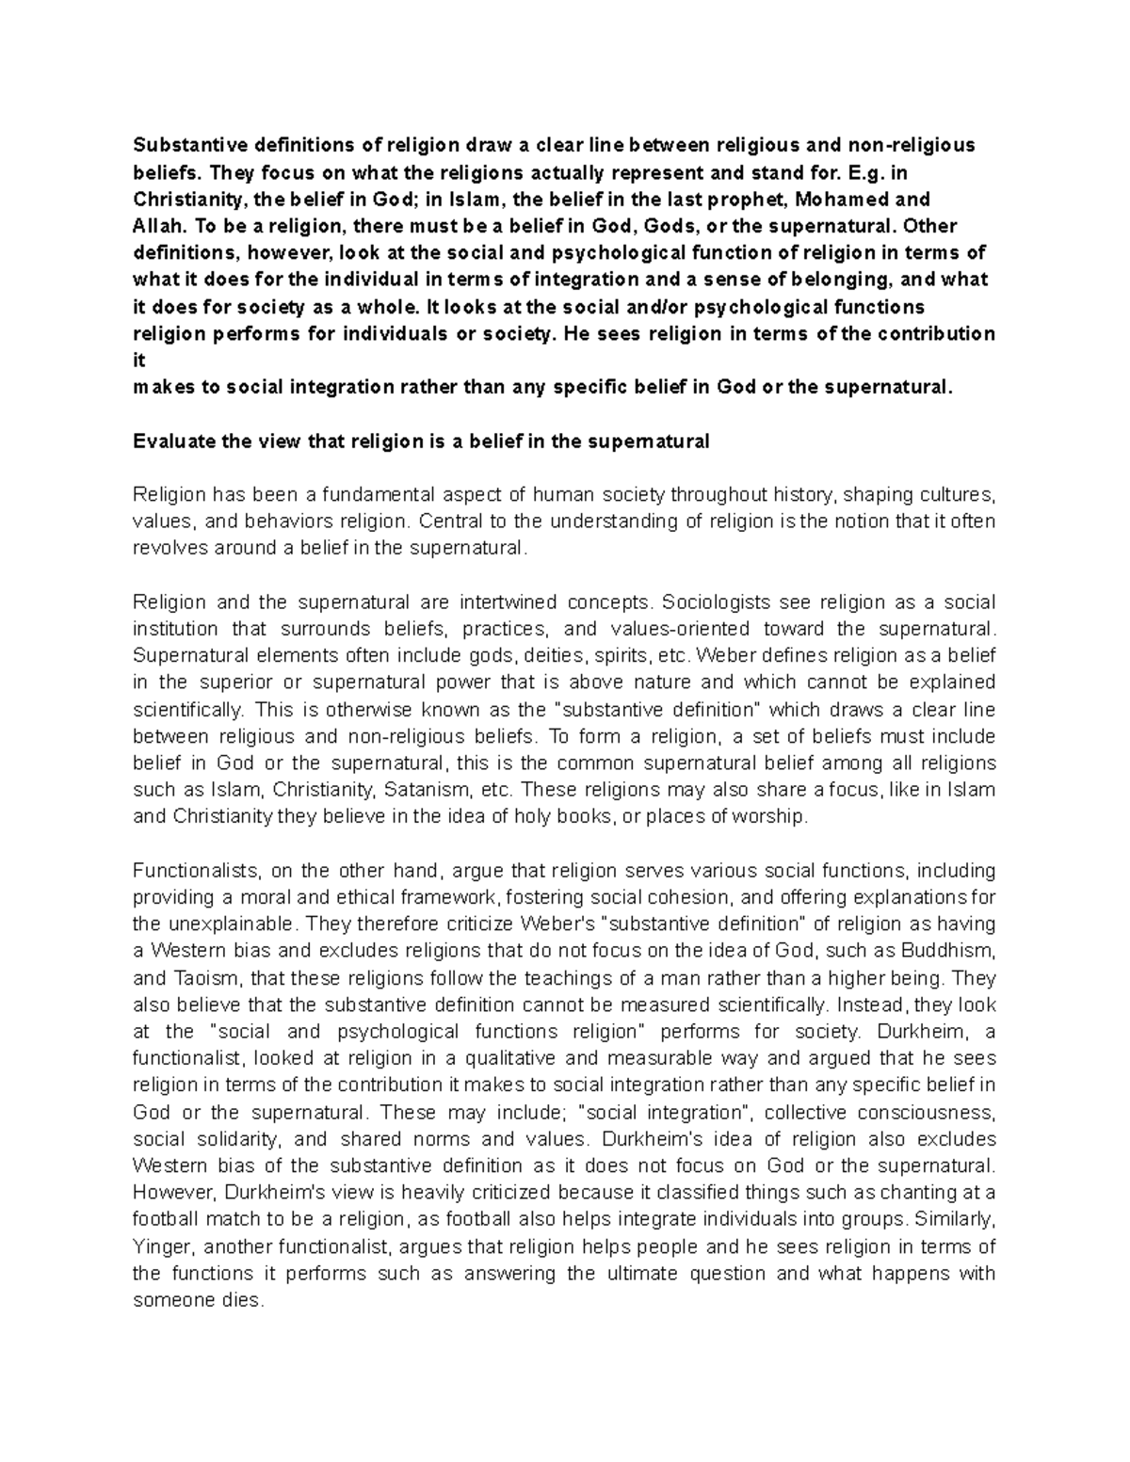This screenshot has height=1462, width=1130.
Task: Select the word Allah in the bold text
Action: tap(154, 226)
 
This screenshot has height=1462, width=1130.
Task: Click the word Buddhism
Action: tap(946, 951)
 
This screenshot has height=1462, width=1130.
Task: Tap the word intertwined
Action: tap(508, 602)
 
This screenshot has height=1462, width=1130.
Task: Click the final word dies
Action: tap(241, 1301)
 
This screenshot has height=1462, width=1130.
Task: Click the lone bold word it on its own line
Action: tap(138, 361)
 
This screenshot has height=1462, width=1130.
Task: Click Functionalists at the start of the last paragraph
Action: tap(199, 871)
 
